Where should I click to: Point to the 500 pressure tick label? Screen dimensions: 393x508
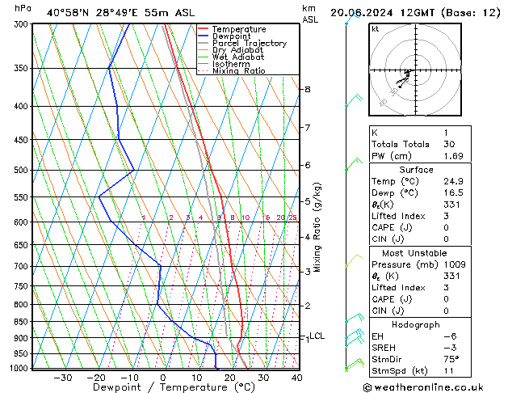point(23,171)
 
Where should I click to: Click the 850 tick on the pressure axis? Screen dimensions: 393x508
point(23,322)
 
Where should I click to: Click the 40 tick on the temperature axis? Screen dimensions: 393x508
point(296,377)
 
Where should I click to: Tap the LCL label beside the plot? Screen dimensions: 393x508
point(317,336)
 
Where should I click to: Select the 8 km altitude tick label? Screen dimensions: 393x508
point(307,89)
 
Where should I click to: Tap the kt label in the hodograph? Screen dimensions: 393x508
point(376,29)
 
